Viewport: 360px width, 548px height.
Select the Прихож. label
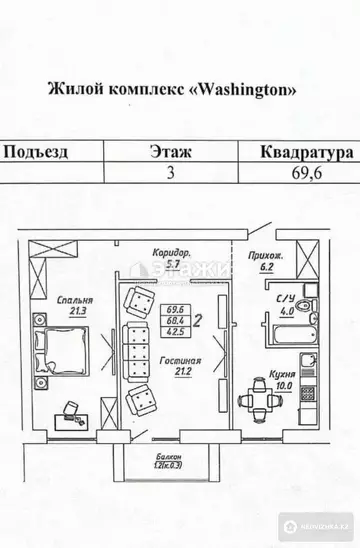tap(261, 257)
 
